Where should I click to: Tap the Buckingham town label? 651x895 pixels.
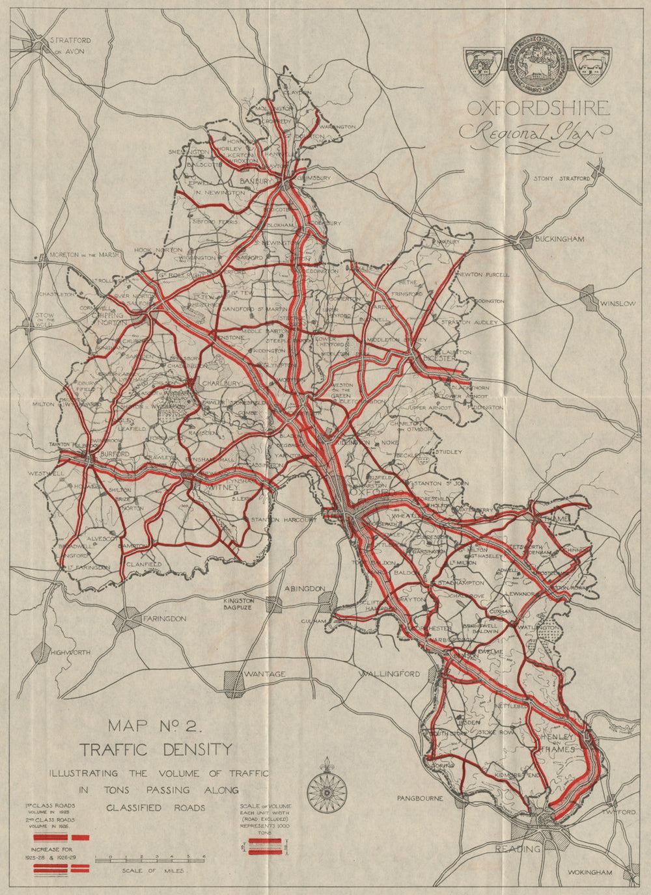pyautogui.click(x=559, y=239)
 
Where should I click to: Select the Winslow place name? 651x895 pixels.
pyautogui.click(x=618, y=304)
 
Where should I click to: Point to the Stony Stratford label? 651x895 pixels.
pyautogui.click(x=561, y=178)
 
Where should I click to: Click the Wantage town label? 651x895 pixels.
pyautogui.click(x=264, y=675)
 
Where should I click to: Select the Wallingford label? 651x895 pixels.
pyautogui.click(x=390, y=674)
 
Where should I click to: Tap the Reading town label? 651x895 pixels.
pyautogui.click(x=518, y=849)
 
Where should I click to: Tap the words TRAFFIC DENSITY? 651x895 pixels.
pyautogui.click(x=155, y=749)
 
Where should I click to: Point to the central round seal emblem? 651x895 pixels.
pyautogui.click(x=537, y=65)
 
